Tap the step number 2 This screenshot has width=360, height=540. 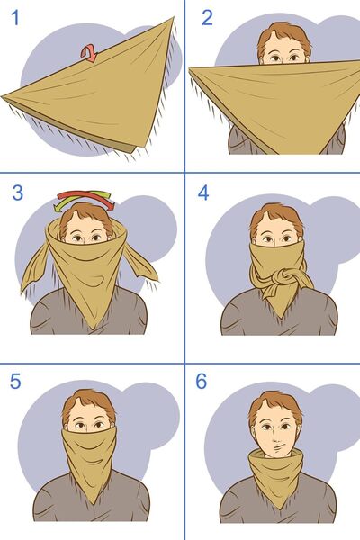206,18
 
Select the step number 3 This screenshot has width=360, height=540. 16,194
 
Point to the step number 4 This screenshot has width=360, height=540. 204,194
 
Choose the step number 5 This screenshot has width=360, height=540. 15,381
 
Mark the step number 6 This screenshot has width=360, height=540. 202,381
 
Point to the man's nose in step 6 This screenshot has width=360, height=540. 275,436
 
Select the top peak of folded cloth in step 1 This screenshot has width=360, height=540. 171,18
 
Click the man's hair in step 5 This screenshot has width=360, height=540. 88,401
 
